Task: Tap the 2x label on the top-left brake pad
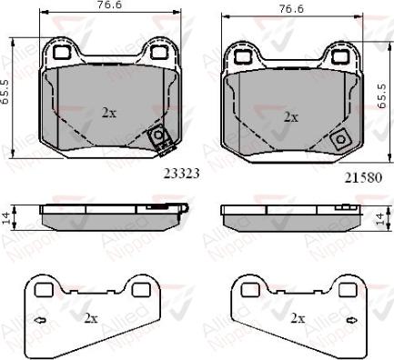108,114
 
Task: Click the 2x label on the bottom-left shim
91,318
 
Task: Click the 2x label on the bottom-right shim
297,318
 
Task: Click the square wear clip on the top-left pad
160,136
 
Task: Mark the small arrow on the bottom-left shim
39,320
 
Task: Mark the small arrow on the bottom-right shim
246,320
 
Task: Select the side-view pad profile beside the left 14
109,216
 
